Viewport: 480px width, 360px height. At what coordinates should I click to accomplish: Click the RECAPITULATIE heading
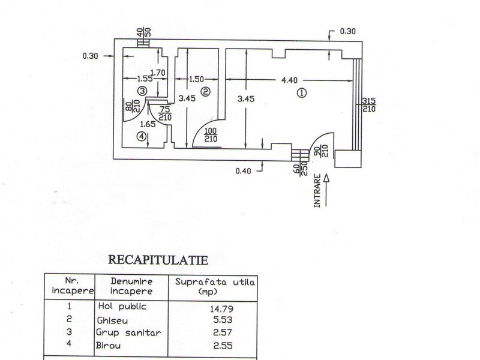tap(157, 260)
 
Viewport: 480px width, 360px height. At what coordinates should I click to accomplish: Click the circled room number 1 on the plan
tap(302, 93)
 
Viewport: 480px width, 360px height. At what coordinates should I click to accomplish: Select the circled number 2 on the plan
tap(205, 92)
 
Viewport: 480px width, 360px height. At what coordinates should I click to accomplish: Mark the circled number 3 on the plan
tap(142, 91)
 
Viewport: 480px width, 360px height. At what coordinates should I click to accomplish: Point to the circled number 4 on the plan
tap(142, 136)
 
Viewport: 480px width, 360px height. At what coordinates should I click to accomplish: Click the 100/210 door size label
tap(211, 135)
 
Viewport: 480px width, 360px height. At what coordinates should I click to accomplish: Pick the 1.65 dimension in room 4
tap(148, 124)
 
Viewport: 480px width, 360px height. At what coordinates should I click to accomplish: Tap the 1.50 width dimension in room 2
tap(198, 79)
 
